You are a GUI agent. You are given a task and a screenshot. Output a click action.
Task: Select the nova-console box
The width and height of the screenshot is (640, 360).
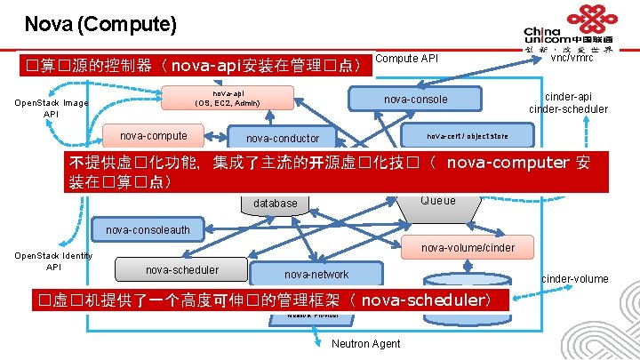(415, 99)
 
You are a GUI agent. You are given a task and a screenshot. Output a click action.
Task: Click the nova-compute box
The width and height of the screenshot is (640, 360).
(154, 136)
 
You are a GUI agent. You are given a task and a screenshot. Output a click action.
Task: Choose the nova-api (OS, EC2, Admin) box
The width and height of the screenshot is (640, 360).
(228, 98)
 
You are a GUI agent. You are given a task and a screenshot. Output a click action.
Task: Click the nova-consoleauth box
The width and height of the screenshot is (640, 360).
(148, 230)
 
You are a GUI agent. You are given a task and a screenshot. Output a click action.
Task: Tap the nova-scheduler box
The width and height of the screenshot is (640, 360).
(182, 269)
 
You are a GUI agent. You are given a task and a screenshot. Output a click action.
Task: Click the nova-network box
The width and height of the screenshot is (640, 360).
(316, 274)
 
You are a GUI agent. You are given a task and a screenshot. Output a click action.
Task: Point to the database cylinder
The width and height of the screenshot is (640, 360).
(276, 204)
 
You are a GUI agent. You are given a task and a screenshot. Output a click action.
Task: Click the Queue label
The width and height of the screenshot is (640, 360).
(437, 201)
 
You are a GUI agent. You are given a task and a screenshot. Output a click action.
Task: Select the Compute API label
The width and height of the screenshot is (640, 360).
(407, 59)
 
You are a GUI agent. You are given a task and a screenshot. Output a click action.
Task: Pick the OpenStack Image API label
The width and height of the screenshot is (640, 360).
(52, 108)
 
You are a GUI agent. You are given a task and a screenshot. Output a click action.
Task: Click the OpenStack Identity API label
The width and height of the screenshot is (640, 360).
(52, 261)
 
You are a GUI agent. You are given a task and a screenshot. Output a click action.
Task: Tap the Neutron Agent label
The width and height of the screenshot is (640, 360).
(365, 344)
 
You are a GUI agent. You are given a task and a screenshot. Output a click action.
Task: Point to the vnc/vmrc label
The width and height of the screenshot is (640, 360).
(572, 58)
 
